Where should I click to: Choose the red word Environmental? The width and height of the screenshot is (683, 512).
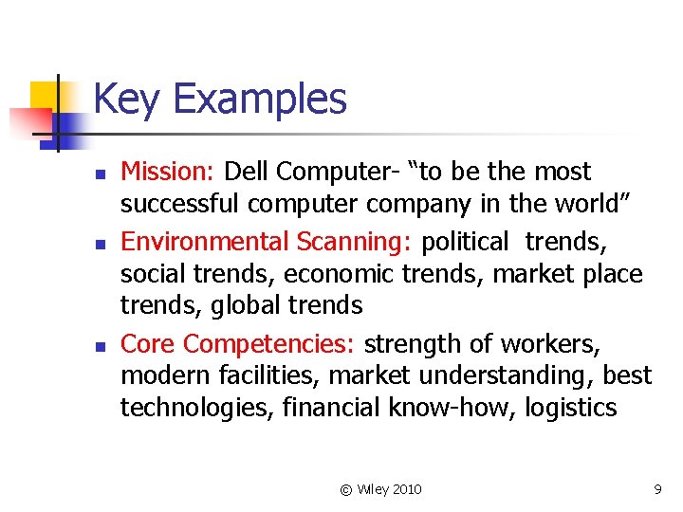click(205, 242)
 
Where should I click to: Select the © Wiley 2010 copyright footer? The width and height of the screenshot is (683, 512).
click(380, 489)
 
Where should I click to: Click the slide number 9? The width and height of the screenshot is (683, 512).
click(656, 489)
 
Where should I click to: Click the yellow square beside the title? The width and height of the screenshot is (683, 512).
click(45, 95)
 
